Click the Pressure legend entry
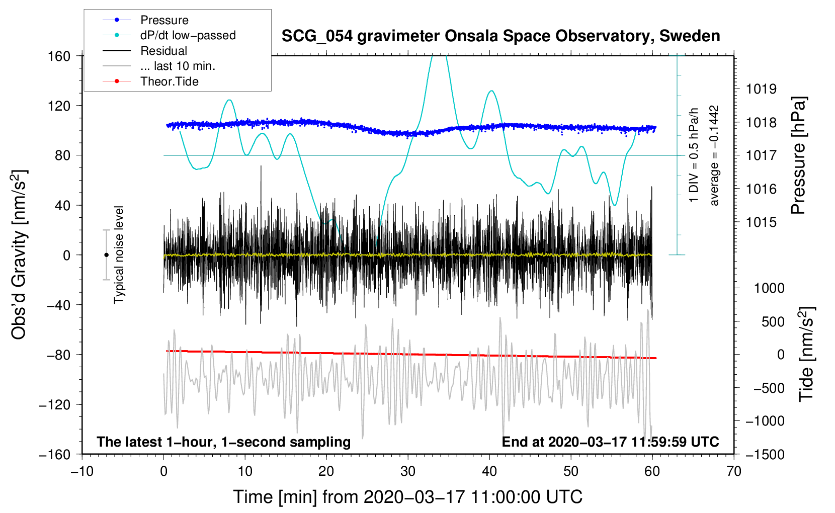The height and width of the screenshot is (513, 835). pos(164,20)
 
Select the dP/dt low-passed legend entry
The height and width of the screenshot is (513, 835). pos(188,35)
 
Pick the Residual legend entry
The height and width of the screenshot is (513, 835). pos(163,51)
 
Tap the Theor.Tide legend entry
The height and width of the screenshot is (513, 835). pos(169,81)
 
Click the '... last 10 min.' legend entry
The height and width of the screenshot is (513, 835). pos(178,66)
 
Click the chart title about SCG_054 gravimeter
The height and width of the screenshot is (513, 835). pos(500,36)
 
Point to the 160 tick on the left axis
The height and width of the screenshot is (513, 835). pos(59,56)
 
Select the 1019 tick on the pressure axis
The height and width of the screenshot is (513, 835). pos(761,89)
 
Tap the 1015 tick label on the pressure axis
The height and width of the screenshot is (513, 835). pos(761,222)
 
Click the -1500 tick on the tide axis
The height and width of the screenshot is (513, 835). pos(765,454)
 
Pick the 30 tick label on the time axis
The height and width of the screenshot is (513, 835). pos(408,471)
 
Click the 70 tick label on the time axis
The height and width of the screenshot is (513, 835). pos(734,471)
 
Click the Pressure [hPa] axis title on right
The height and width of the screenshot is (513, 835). pos(798,155)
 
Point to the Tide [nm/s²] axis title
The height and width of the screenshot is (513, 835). pos(806,354)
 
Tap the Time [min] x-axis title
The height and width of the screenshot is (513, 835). pos(408,497)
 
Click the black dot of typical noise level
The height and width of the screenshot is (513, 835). pos(106,255)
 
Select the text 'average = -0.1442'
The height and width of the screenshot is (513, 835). pos(714,155)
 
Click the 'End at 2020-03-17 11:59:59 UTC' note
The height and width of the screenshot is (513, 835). pos(610,442)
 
